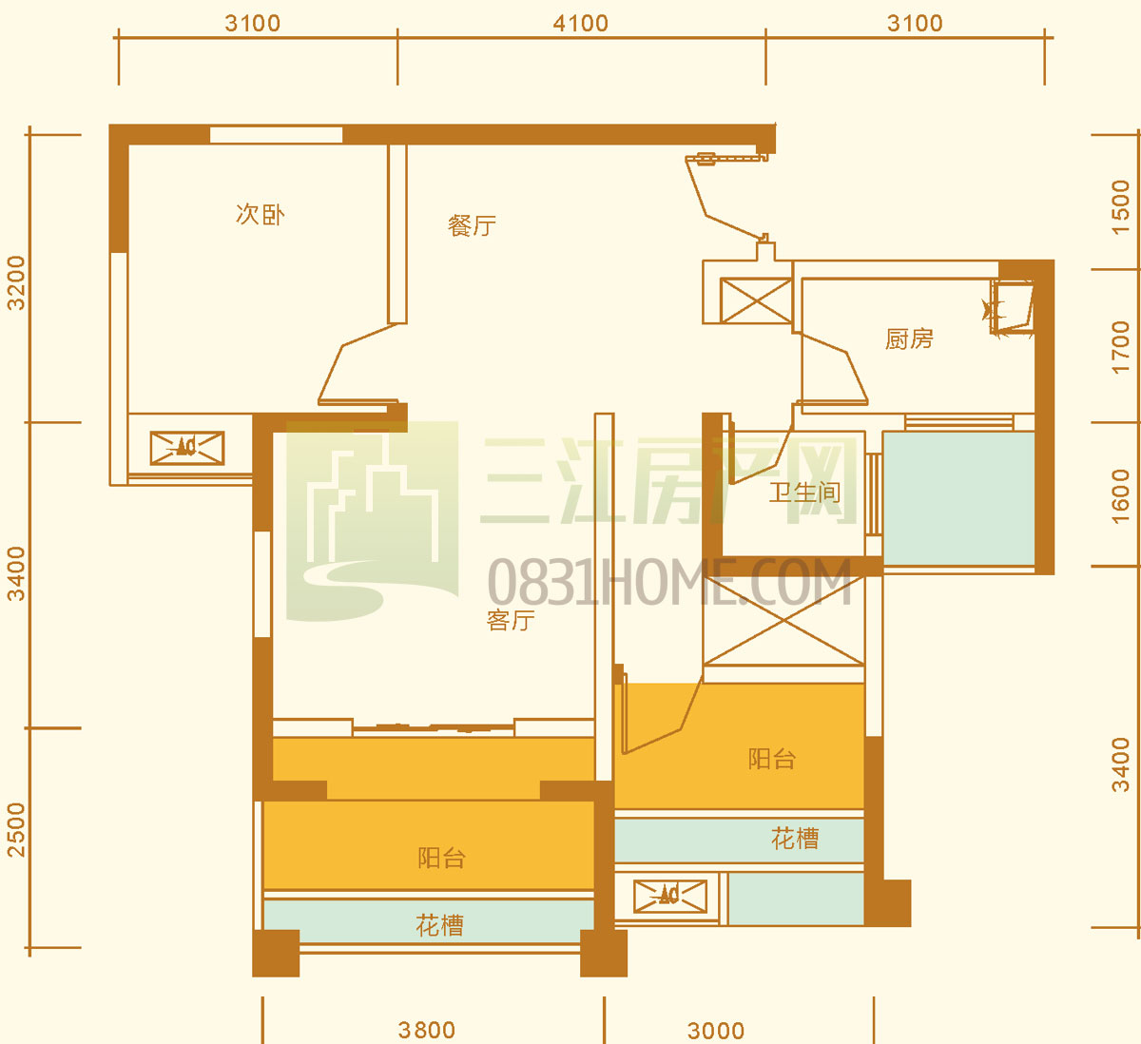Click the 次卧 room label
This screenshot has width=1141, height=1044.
[x=260, y=215]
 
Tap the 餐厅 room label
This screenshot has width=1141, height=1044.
[x=472, y=225]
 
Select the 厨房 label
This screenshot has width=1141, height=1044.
[x=909, y=338]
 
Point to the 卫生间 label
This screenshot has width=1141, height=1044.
[x=804, y=493]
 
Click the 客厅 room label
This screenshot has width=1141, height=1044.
[x=511, y=620]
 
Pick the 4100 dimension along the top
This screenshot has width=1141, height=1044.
[x=581, y=24]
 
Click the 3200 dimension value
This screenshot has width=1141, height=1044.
[x=16, y=282]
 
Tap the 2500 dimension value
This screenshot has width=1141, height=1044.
[x=16, y=829]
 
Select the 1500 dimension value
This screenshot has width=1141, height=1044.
[x=1120, y=207]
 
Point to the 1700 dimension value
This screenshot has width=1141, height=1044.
[x=1120, y=347]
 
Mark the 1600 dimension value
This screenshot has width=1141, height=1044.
[x=1120, y=496]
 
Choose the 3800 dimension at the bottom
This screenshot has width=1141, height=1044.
[x=427, y=1030]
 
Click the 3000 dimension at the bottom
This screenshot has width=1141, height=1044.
[x=716, y=1031]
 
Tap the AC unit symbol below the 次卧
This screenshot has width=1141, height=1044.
[x=187, y=449]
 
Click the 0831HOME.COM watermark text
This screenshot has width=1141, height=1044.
[x=669, y=582]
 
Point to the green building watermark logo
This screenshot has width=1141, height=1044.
[x=373, y=521]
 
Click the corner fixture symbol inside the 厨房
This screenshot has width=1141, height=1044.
[x=1010, y=308]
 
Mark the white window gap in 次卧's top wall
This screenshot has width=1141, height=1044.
[x=277, y=135]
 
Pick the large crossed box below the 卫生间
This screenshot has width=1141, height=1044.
[x=784, y=621]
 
